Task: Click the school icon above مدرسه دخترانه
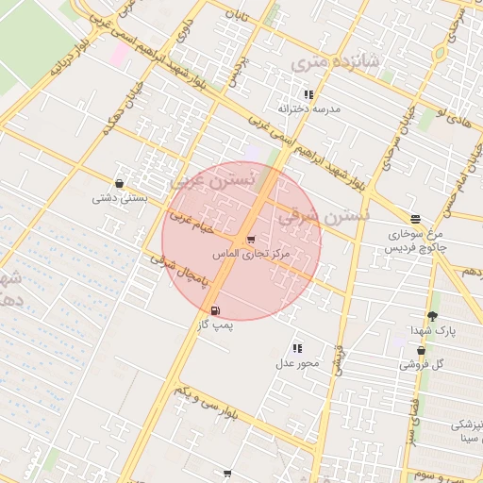pos(308,94)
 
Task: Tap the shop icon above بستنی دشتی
pos(119,183)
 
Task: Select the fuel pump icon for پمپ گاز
pos(216,310)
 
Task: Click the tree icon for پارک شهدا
pos(433,316)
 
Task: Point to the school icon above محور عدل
pos(297,349)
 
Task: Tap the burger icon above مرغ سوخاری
pos(415,219)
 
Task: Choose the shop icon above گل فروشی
pos(421,350)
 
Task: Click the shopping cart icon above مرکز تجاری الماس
pos(250,240)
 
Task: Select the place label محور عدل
pos(298,363)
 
